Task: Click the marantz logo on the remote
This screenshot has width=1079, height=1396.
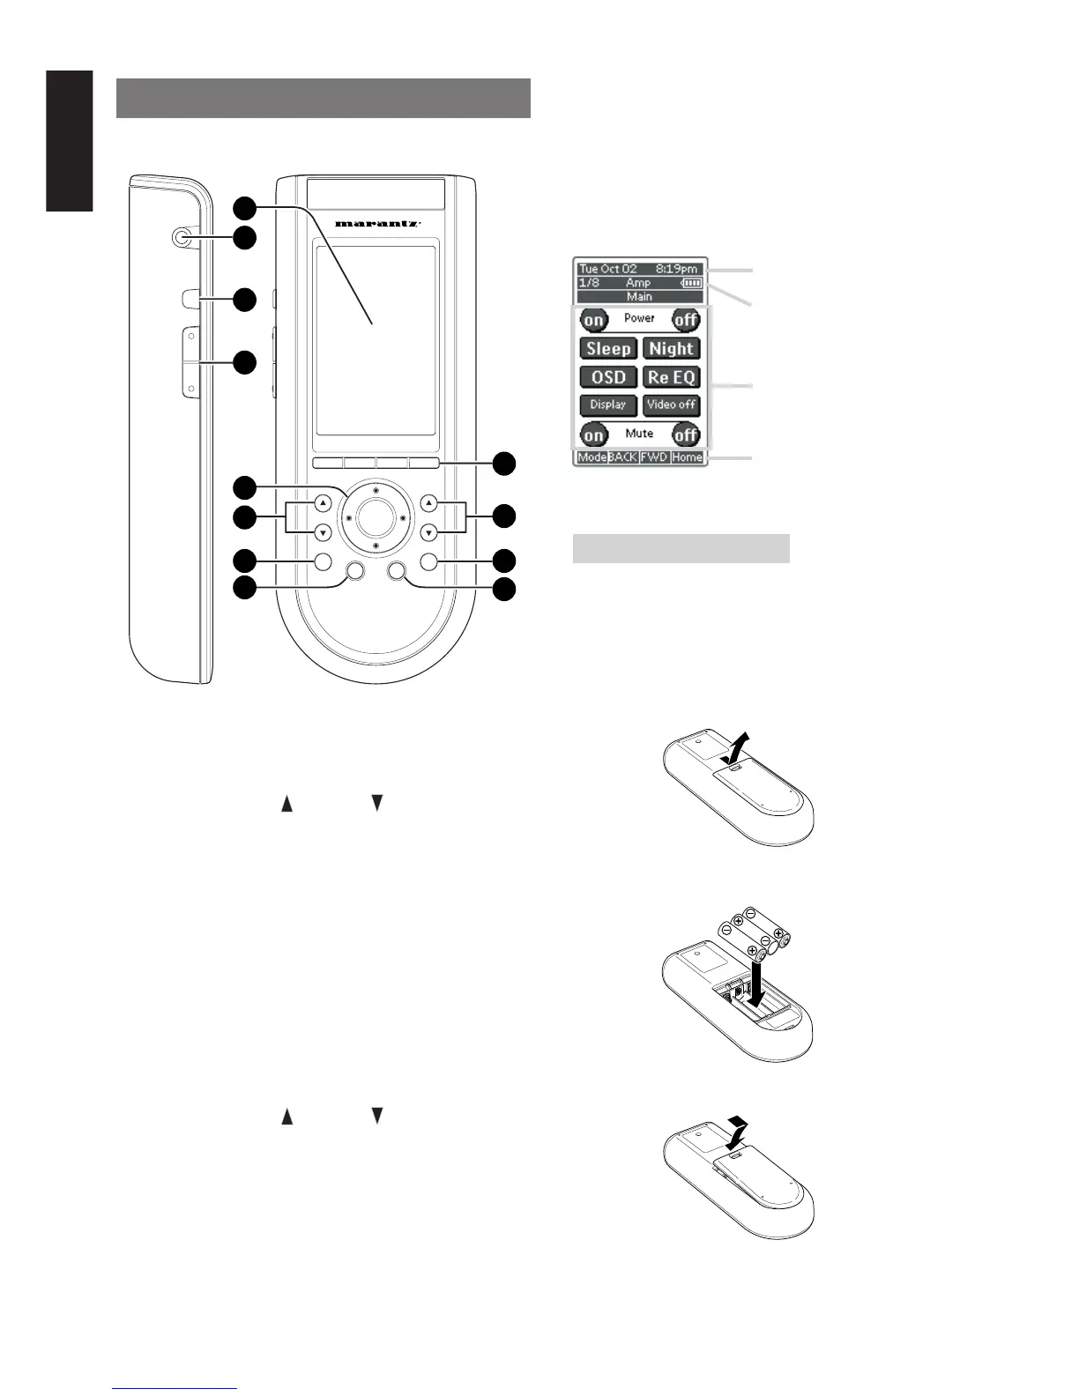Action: tap(376, 224)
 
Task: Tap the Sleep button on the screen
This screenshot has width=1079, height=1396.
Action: tap(608, 349)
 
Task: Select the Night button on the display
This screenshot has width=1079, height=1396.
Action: tap(671, 349)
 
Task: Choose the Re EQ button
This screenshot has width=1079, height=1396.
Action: tap(671, 377)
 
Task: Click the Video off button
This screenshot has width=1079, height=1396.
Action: tap(671, 405)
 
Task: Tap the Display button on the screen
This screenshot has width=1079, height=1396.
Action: tap(608, 405)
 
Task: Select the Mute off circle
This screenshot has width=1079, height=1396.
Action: tap(686, 434)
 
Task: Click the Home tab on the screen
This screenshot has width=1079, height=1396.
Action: tap(687, 457)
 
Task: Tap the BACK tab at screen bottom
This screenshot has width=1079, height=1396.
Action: tap(623, 457)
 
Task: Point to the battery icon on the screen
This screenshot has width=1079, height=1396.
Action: tap(693, 283)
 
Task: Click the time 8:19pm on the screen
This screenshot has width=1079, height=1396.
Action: tap(676, 269)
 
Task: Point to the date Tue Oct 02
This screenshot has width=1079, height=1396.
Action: tap(608, 269)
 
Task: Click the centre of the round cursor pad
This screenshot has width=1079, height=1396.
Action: tap(376, 518)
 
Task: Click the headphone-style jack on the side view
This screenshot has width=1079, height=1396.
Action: tap(182, 237)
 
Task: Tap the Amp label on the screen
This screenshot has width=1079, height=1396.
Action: tap(638, 283)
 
